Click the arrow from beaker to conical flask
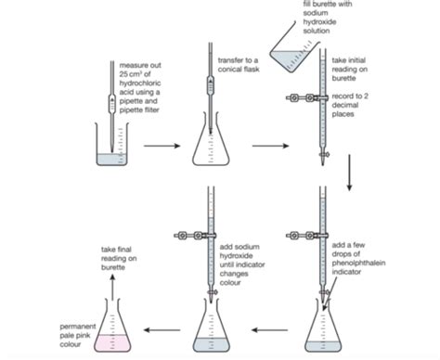click(x=162, y=146)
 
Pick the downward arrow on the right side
click(x=349, y=173)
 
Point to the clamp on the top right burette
click(x=306, y=96)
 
